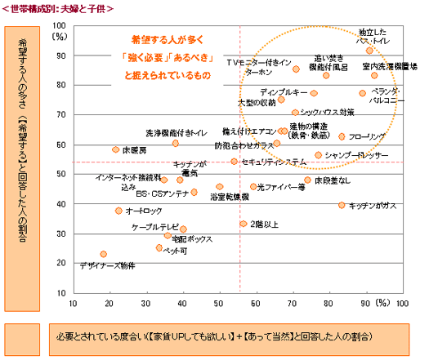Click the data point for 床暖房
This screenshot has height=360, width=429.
pyautogui.click(x=115, y=149)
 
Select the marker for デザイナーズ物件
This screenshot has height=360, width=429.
pyautogui.click(x=104, y=254)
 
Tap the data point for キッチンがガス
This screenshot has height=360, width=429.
pyautogui.click(x=342, y=205)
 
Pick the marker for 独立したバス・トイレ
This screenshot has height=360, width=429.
pyautogui.click(x=369, y=51)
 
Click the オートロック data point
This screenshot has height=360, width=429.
pyautogui.click(x=118, y=211)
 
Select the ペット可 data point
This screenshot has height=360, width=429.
pyautogui.click(x=159, y=247)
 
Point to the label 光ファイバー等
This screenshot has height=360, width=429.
pyautogui.click(x=281, y=187)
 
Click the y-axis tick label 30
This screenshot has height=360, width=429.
pyautogui.click(x=62, y=234)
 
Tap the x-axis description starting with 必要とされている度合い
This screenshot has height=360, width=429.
pyautogui.click(x=212, y=336)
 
